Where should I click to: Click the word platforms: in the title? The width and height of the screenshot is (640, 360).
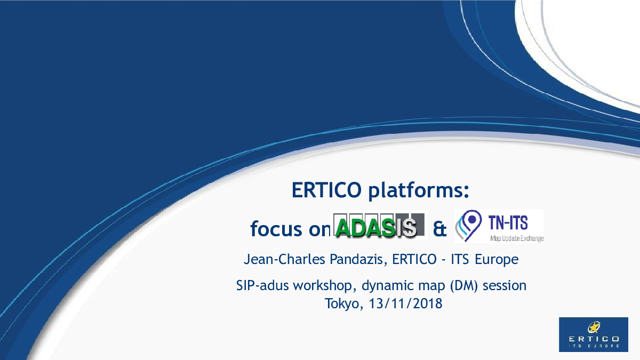(x=419, y=191)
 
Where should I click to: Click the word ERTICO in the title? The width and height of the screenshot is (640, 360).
(x=326, y=190)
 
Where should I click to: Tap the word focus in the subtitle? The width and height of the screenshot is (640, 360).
(x=276, y=229)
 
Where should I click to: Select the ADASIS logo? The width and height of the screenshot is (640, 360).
(x=378, y=226)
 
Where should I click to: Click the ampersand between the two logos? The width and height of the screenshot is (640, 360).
(x=439, y=229)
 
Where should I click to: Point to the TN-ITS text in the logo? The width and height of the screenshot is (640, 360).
(x=508, y=223)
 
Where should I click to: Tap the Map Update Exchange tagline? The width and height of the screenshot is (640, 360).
(x=517, y=238)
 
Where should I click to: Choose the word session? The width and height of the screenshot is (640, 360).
(x=505, y=286)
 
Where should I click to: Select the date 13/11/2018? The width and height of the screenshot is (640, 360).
(x=406, y=303)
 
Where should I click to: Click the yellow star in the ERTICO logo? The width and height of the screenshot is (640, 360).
(x=594, y=327)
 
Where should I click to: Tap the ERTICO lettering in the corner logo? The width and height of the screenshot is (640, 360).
(x=594, y=339)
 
